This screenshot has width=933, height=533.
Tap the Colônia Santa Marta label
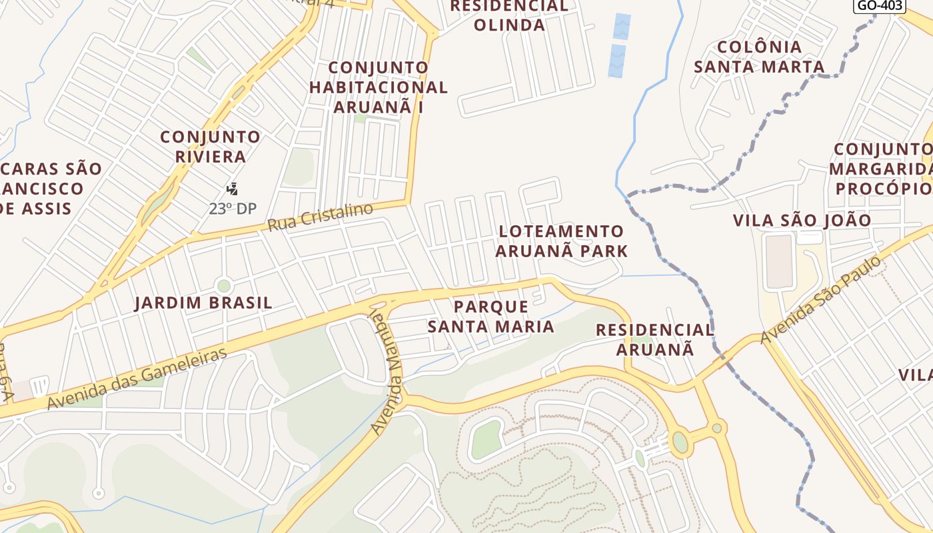pyautogui.click(x=759, y=57)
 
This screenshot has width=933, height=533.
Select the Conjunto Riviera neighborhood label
pyautogui.click(x=211, y=147)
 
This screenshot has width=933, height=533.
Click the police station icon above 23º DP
pyautogui.click(x=232, y=189)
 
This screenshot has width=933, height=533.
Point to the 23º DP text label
pyautogui.click(x=233, y=209)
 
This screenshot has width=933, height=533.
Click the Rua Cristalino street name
pyautogui.click(x=320, y=217)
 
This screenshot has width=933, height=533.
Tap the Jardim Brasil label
pyautogui.click(x=203, y=303)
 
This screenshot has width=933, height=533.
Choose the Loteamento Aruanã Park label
pyautogui.click(x=561, y=241)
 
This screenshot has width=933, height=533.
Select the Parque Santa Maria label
pyautogui.click(x=491, y=316)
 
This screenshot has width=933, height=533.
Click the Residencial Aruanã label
pyautogui.click(x=654, y=339)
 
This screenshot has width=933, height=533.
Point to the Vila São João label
pyautogui.click(x=802, y=221)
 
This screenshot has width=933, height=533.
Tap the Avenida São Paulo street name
pyautogui.click(x=824, y=300)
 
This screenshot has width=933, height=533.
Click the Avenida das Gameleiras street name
pyautogui.click(x=137, y=379)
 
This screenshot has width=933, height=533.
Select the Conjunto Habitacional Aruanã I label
pyautogui.click(x=378, y=87)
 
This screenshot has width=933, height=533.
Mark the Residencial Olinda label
pyautogui.click(x=509, y=15)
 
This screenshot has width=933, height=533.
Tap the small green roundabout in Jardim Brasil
pyautogui.click(x=224, y=286)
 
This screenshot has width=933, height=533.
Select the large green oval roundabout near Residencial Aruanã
pyautogui.click(x=680, y=442)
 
